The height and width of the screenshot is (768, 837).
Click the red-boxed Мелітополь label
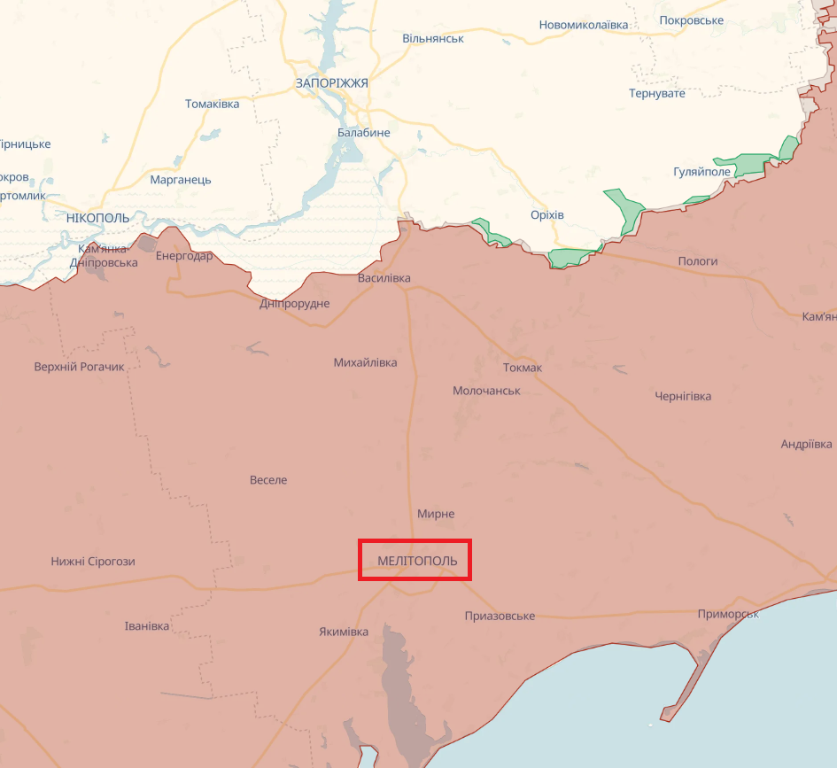pyautogui.click(x=415, y=561)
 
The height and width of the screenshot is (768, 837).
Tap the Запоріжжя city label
pyautogui.click(x=331, y=82)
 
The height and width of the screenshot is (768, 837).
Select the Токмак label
pyautogui.click(x=522, y=368)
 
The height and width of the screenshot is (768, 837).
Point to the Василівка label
pyautogui.click(x=384, y=278)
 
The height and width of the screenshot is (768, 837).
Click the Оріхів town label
pyautogui.click(x=546, y=215)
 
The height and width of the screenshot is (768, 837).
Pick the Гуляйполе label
pyautogui.click(x=701, y=172)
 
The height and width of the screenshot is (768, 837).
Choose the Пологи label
pyautogui.click(x=697, y=261)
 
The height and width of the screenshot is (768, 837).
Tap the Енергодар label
pyautogui.click(x=183, y=256)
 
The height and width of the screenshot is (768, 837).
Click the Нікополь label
pyautogui.click(x=97, y=217)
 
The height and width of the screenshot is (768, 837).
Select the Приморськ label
pyautogui.click(x=727, y=614)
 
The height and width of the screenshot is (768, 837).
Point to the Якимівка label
pyautogui.click(x=343, y=632)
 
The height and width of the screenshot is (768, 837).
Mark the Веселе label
pyautogui.click(x=268, y=480)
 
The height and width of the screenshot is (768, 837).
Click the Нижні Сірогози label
pyautogui.click(x=93, y=562)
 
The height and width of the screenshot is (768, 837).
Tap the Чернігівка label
pyautogui.click(x=682, y=396)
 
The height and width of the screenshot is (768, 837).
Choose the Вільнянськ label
pyautogui.click(x=432, y=39)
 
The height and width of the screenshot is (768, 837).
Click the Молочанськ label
pyautogui.click(x=486, y=391)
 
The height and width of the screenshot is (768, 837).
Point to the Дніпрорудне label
pyautogui.click(x=294, y=304)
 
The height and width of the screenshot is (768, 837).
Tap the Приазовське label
pyautogui.click(x=500, y=616)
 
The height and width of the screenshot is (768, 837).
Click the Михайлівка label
pyautogui.click(x=365, y=362)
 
